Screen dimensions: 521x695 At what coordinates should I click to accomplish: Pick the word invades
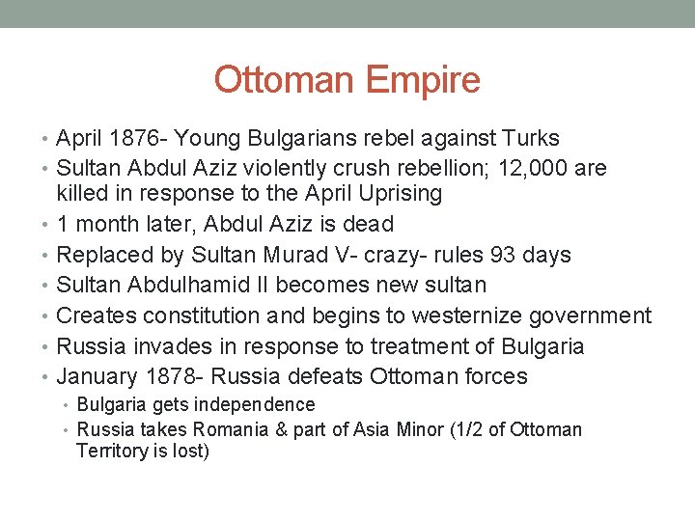[167, 345]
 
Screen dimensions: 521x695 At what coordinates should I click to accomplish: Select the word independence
[260, 404]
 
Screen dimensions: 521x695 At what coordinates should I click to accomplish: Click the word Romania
[229, 429]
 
